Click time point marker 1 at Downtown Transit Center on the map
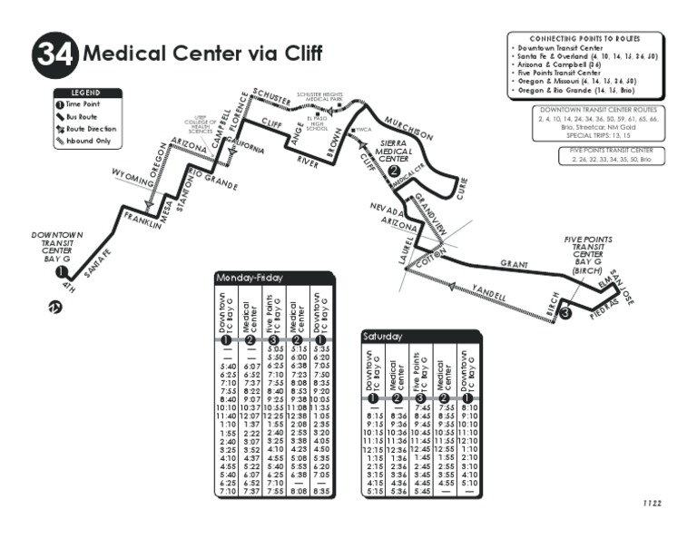click(x=60, y=271)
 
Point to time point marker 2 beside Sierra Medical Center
click(x=393, y=169)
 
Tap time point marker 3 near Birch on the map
click(x=564, y=314)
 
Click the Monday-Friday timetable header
click(x=249, y=278)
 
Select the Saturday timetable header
click(x=382, y=336)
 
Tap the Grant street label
click(x=514, y=264)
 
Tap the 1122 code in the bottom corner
click(x=652, y=502)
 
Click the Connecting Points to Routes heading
click(x=584, y=39)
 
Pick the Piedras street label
click(x=603, y=312)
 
